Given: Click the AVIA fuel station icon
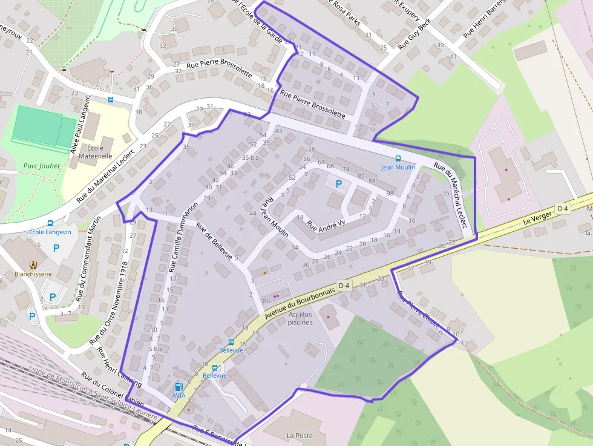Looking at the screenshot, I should [179, 386].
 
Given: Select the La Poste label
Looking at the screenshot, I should [299, 435].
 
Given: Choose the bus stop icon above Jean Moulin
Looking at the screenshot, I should [398, 159].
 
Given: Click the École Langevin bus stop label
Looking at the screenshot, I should [50, 232].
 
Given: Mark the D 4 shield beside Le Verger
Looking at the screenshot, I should [563, 209].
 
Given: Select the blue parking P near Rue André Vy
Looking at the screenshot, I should [338, 183].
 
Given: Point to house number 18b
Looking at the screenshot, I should [264, 300].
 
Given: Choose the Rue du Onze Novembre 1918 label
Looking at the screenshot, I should [108, 303].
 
